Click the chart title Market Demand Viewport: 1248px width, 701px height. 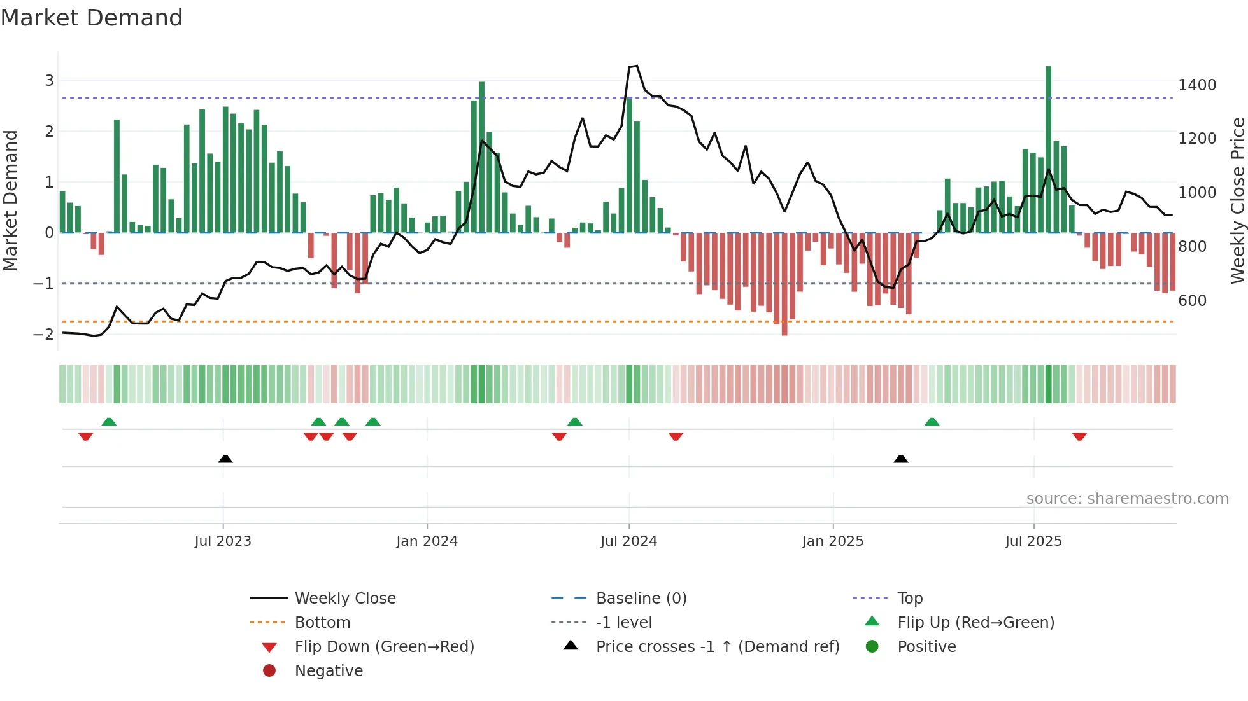coord(92,18)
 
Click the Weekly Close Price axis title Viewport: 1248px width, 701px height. coord(1237,200)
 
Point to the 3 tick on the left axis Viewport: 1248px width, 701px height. coord(49,81)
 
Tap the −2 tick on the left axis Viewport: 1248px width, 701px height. coord(44,334)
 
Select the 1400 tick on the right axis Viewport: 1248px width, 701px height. coord(1196,85)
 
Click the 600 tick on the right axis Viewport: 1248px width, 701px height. coord(1192,300)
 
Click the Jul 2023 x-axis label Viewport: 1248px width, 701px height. coord(223,541)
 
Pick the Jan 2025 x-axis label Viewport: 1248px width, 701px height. coord(832,541)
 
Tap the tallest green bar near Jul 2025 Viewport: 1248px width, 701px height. coord(1048,146)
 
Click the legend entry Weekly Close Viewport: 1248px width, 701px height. coord(344,598)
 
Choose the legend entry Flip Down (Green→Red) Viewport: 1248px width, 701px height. coord(384,646)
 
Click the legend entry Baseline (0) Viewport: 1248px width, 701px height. coord(641,598)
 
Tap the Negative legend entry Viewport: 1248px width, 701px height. coord(329,670)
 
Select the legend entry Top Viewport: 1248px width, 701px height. coord(909,598)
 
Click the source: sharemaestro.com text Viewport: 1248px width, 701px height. coord(1127,498)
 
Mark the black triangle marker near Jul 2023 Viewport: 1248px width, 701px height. coord(225,459)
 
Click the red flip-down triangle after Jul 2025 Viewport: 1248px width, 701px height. coord(1079,436)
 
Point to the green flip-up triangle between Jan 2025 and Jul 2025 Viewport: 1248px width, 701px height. coord(932,422)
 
